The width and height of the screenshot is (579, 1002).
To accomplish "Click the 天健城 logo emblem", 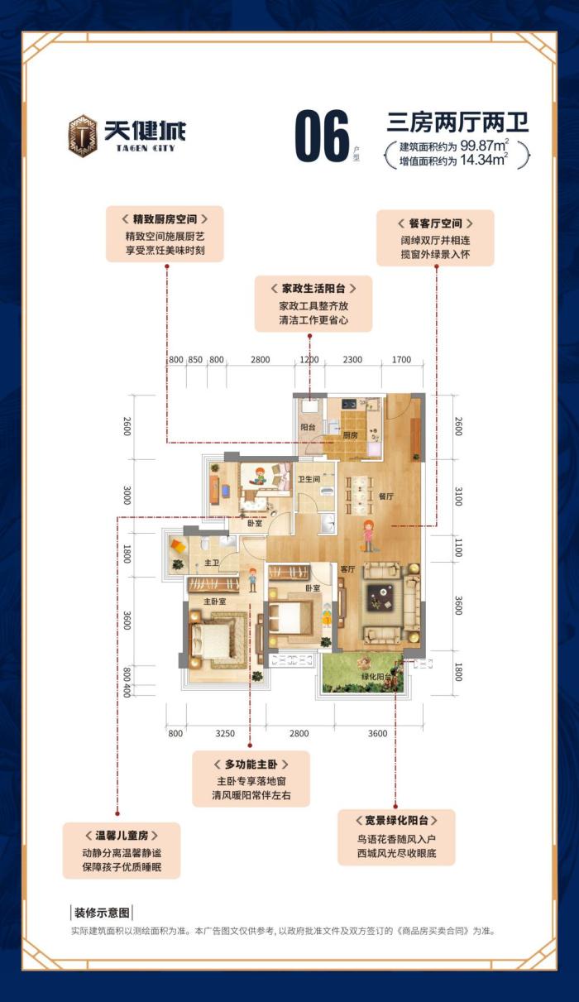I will [x=82, y=136].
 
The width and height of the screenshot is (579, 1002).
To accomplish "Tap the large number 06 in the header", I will [x=322, y=137].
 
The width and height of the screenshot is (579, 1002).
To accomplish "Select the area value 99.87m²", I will [x=484, y=146].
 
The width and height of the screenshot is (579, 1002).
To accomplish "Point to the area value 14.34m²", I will [x=484, y=161].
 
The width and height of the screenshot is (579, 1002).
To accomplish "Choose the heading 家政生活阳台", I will [x=313, y=289].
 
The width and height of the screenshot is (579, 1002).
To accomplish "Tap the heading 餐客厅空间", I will [x=435, y=223].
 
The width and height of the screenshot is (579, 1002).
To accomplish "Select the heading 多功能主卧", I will [x=250, y=765].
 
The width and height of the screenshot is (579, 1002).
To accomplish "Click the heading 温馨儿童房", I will [x=121, y=834].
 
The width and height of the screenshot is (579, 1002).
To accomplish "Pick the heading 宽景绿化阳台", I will [x=395, y=820].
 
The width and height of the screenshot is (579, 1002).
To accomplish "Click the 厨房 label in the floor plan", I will [x=351, y=434].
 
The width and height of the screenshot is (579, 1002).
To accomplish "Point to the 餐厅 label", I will [x=385, y=496].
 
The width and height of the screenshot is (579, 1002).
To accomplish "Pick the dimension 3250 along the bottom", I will [x=225, y=733].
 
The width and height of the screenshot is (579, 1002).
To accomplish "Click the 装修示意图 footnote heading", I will [x=103, y=913].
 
